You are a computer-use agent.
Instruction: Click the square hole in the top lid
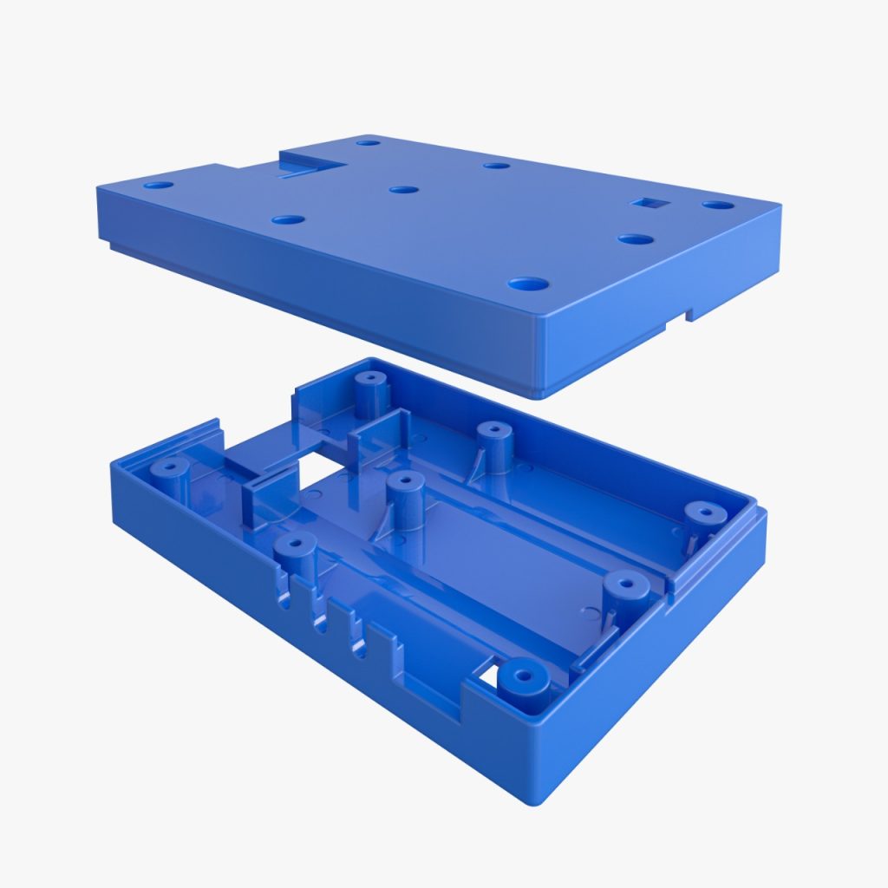pos(646,203)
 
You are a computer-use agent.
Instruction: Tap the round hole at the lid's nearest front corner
pos(528,284)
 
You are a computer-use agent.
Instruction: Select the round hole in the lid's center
pos(403,189)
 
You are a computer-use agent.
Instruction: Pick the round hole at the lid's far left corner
pos(158,185)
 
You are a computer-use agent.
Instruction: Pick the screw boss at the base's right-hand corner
pos(703,512)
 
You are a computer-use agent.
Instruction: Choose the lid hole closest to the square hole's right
pos(718,206)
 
